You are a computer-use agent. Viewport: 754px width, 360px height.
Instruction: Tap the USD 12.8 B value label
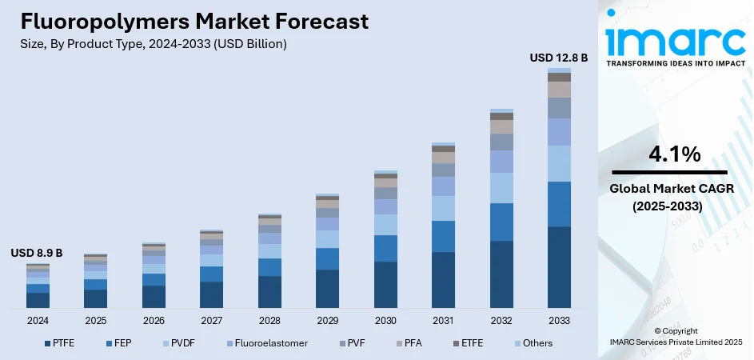559,58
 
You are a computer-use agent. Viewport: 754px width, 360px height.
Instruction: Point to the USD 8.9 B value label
36,253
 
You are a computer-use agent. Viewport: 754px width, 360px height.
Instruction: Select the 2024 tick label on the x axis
38,320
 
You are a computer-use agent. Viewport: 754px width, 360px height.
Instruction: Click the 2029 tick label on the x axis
327,320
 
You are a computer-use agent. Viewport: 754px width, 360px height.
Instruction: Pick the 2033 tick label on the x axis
559,320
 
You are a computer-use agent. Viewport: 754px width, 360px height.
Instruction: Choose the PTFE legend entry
58,343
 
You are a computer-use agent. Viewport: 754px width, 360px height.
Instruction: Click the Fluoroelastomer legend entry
264,343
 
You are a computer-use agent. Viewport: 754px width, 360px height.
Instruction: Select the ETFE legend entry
471,343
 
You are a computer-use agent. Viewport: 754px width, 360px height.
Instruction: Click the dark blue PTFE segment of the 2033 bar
559,267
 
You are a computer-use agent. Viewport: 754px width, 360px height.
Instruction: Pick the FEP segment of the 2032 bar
501,222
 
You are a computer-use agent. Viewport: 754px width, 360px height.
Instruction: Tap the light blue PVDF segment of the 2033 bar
559,163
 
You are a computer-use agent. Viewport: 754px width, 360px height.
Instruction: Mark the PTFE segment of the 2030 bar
385,285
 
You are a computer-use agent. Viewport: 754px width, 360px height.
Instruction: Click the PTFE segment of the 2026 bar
154,297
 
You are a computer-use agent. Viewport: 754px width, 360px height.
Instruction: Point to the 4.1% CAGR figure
668,154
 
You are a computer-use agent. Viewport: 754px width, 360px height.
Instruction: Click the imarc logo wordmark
676,40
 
